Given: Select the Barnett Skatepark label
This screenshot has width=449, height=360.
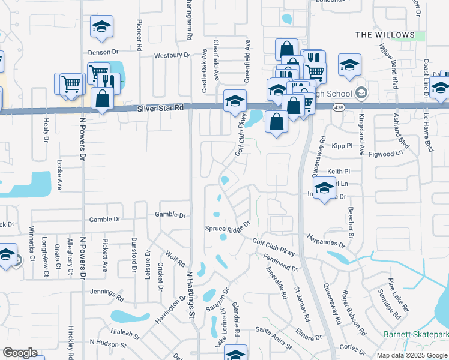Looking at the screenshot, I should point(416,334).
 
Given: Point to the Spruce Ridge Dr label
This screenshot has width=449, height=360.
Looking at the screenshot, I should point(227,229).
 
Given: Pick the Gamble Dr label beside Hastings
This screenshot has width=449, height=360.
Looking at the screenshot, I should point(170,215).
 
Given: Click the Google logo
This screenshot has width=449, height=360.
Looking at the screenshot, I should point(20,353).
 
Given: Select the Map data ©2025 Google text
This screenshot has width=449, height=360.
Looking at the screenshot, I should point(411,355).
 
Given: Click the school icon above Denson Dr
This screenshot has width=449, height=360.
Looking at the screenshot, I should point(102,26).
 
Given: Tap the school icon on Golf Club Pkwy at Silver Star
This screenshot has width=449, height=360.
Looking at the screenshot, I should point(235,100).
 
